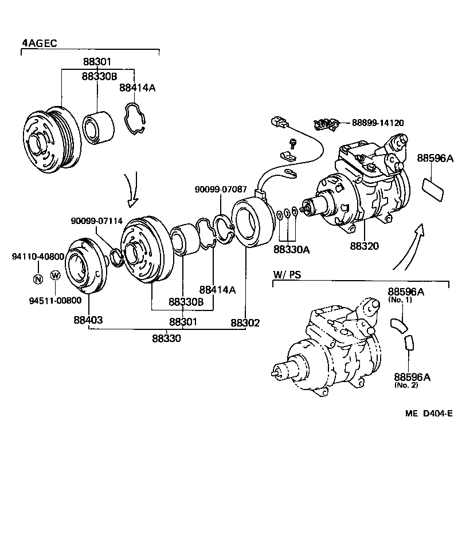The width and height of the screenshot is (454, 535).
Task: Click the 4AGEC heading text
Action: click(x=40, y=43)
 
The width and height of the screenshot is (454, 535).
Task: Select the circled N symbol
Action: click(x=38, y=279)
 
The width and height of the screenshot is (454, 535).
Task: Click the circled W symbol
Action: click(x=56, y=276)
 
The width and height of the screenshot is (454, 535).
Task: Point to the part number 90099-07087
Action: click(x=221, y=188)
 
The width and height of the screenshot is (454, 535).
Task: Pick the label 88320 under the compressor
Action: click(x=365, y=247)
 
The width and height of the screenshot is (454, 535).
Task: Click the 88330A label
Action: click(x=291, y=249)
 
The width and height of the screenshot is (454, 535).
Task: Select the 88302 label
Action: click(x=245, y=322)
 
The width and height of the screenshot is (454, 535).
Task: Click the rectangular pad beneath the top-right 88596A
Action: click(x=433, y=189)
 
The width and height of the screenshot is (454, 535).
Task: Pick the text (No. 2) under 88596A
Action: click(x=406, y=385)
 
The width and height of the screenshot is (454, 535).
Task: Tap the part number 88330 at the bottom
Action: click(x=166, y=338)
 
